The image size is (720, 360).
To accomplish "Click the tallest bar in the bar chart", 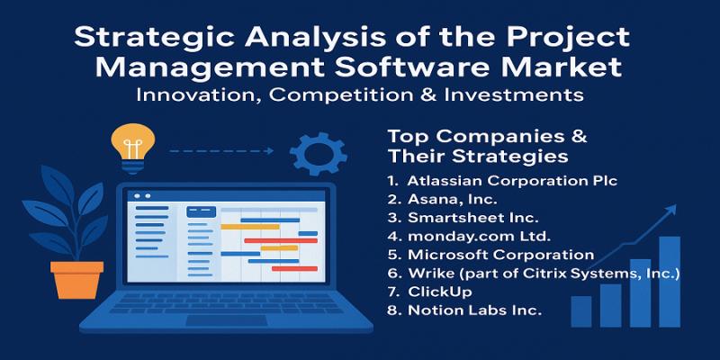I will [x=669, y=282].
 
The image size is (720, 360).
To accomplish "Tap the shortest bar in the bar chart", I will [x=581, y=311].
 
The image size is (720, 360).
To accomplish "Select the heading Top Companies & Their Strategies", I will [x=487, y=146].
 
